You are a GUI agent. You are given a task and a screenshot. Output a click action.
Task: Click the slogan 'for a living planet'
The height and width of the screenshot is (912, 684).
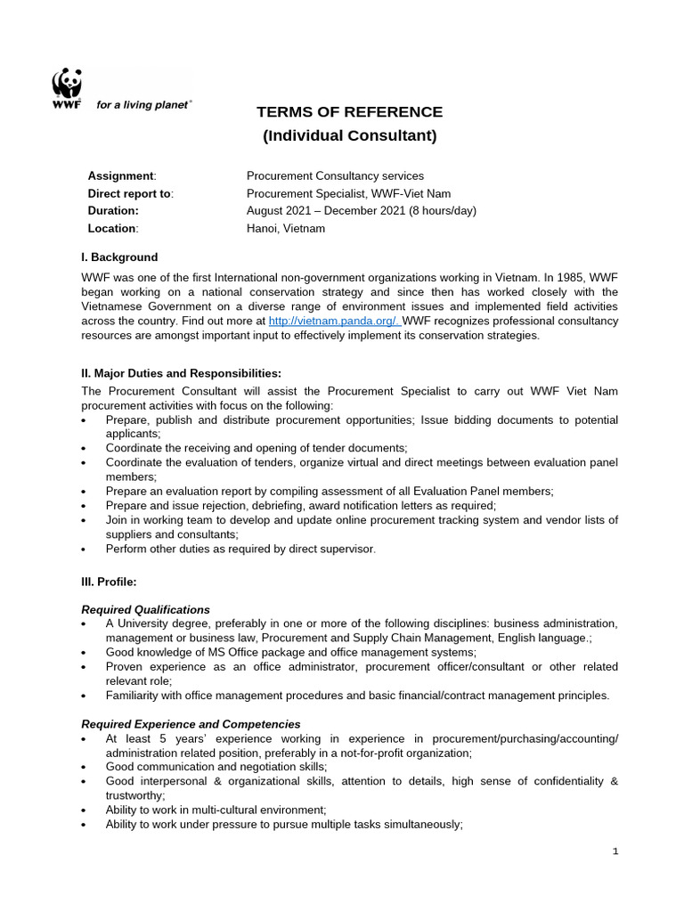tap(142, 104)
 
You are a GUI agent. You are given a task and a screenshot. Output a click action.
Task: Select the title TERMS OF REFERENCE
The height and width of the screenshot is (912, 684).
tap(349, 112)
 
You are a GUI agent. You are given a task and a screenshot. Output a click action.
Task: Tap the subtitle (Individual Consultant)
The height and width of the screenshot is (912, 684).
tap(349, 136)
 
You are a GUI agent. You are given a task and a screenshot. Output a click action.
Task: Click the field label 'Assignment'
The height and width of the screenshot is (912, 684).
tap(121, 176)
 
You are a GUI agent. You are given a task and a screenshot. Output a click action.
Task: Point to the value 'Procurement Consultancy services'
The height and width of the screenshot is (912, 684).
tap(335, 176)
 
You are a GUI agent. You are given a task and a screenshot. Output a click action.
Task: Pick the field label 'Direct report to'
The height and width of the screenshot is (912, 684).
tap(130, 193)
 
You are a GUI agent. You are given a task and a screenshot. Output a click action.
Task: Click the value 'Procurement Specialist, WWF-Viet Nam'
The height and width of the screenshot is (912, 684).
tap(348, 193)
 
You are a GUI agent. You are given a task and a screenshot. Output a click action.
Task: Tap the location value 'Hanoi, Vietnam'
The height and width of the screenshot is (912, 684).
tap(285, 228)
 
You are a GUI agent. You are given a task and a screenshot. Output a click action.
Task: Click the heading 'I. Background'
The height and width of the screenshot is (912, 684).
tap(119, 257)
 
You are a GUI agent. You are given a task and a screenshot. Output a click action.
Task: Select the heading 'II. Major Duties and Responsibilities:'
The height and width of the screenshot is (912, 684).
tap(181, 373)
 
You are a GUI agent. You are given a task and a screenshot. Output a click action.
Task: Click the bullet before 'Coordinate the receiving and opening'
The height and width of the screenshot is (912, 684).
tap(85, 449)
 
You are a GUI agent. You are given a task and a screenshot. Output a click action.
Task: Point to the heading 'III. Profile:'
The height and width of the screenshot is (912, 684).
tap(109, 582)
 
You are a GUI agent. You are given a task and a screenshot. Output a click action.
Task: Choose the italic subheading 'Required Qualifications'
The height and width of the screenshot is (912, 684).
tap(146, 610)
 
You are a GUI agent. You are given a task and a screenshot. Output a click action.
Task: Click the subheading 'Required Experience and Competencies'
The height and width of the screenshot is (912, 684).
tap(191, 724)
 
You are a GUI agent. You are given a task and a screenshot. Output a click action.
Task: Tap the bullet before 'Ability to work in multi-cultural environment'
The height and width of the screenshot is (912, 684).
tap(85, 810)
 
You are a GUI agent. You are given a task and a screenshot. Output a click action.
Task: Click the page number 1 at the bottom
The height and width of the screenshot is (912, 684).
tap(615, 851)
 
